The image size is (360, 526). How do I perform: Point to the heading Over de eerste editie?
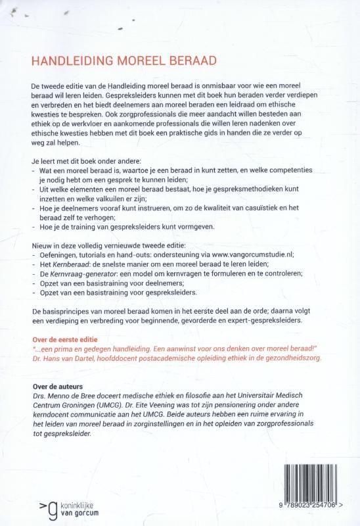tap(65, 333)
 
